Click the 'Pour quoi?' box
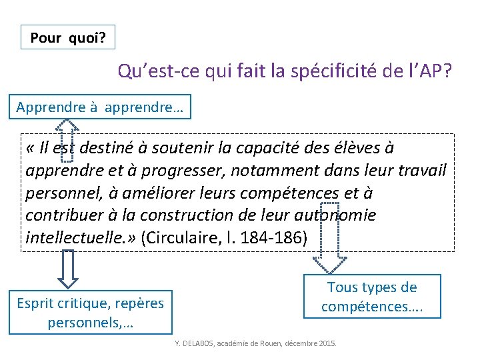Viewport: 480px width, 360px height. click(x=68, y=37)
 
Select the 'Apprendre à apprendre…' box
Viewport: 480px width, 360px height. click(x=100, y=107)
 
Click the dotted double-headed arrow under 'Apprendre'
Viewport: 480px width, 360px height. click(x=66, y=140)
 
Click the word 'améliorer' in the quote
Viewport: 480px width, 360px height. click(x=145, y=193)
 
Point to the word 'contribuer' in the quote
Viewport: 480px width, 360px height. click(x=61, y=215)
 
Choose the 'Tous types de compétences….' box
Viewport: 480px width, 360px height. click(x=372, y=297)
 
